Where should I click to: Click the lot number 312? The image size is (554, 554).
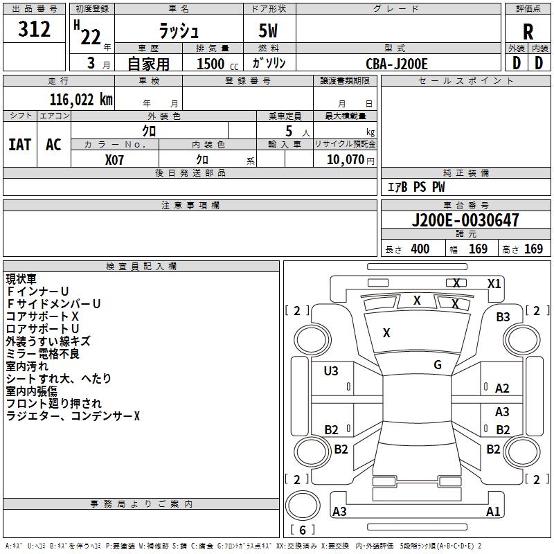tap(35, 30)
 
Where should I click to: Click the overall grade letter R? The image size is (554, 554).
tap(528, 31)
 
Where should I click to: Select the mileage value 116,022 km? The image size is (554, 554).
tap(80, 99)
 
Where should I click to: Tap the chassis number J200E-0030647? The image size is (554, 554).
tap(465, 221)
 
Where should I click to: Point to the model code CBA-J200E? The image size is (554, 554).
tap(397, 64)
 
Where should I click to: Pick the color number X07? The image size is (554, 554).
tap(115, 159)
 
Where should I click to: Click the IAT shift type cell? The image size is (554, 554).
tap(19, 144)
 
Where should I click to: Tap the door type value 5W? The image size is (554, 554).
tap(269, 32)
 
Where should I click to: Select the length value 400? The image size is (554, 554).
tap(420, 249)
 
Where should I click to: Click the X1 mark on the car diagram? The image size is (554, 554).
tap(494, 283)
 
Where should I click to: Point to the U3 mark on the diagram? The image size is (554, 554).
tap(331, 371)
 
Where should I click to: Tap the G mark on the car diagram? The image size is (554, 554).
tap(437, 365)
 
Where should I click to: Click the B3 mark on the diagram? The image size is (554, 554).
tap(502, 316)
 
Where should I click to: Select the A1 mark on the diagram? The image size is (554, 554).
tap(493, 512)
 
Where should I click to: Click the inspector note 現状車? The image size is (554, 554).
tap(21, 278)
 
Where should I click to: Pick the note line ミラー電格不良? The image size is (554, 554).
tap(42, 353)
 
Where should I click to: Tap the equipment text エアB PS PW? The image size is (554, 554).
tap(416, 187)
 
